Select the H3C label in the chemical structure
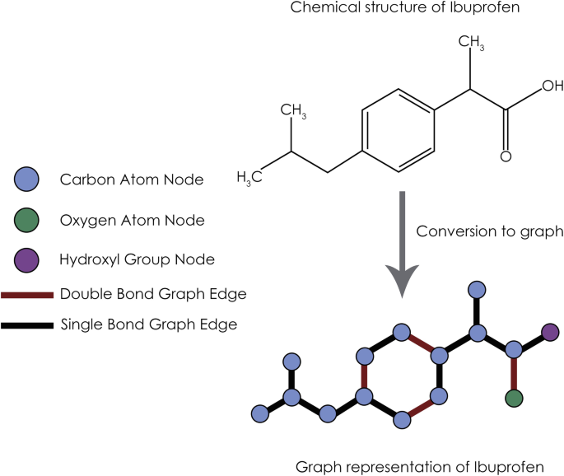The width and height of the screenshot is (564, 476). click(x=250, y=176)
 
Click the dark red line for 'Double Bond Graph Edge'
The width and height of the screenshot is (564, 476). click(x=28, y=294)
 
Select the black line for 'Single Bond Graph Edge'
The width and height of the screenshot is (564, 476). click(x=28, y=324)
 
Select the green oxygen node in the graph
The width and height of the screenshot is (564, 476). click(x=515, y=399)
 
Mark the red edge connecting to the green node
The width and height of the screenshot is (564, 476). click(x=515, y=375)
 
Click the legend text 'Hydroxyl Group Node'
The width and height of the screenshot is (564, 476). click(x=137, y=259)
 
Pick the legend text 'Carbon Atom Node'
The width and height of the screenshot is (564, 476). click(x=132, y=178)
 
